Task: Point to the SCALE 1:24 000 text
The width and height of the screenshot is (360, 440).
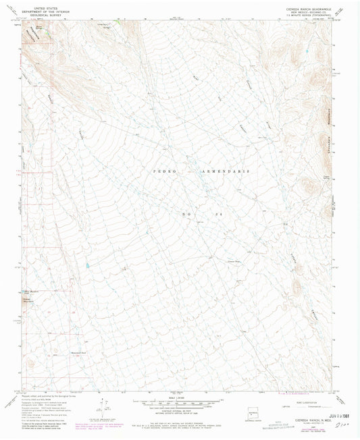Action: [x=180, y=394]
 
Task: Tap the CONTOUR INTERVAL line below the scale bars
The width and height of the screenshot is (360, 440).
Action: [x=180, y=407]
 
